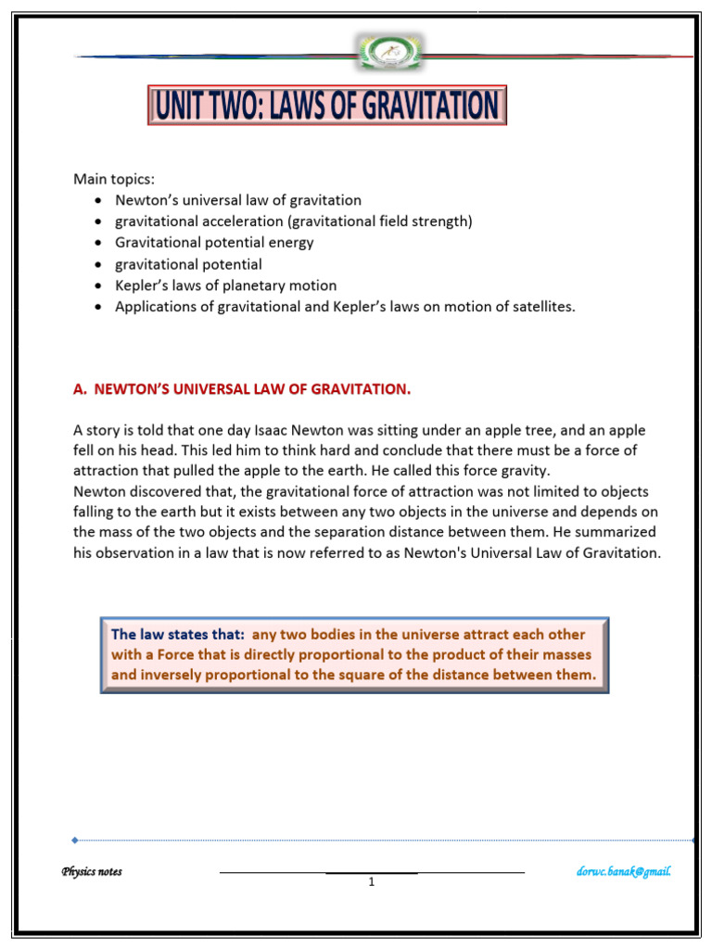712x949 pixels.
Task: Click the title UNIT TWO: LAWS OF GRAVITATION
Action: point(326,105)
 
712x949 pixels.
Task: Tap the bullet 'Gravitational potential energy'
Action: point(214,243)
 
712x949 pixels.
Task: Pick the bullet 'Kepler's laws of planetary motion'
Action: point(225,285)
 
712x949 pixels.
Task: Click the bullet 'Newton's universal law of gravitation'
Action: point(238,200)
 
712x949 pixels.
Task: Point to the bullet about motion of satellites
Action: point(345,307)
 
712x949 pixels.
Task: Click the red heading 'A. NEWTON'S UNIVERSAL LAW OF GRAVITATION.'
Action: point(242,389)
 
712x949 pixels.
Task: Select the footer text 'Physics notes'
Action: point(92,871)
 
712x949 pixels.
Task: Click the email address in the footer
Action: point(624,871)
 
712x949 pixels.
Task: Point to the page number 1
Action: point(371,882)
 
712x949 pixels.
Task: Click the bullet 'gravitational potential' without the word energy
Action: point(188,264)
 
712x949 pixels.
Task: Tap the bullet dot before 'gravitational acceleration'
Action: point(98,222)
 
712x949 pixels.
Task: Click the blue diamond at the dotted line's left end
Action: point(75,841)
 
